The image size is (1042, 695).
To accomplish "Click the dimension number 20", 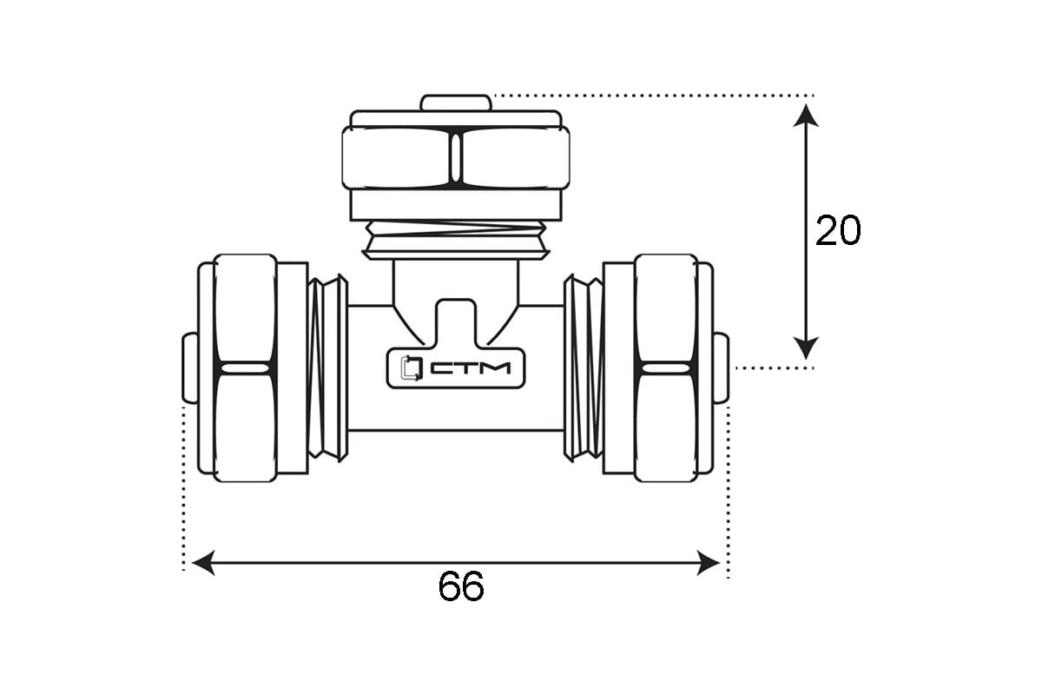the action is [838, 230].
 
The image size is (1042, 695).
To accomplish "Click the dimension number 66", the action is [461, 586].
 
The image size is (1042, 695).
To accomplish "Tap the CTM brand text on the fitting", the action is [471, 368].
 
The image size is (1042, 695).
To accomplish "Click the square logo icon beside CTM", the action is [412, 368].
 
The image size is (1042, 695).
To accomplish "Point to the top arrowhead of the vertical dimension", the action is [806, 116].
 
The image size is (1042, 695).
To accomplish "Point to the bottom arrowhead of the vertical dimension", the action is [806, 348].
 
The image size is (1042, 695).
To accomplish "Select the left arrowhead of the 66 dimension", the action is [203, 563].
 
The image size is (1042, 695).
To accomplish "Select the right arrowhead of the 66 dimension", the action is [708, 563].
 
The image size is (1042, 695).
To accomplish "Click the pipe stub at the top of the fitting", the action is [456, 103].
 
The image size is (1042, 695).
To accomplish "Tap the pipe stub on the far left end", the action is [190, 367].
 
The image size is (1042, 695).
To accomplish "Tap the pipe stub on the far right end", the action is [721, 367].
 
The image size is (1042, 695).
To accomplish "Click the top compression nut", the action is [456, 158].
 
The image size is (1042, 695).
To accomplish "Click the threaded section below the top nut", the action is [456, 240].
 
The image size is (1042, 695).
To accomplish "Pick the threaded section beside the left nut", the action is [327, 367].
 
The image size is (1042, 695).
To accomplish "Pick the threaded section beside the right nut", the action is [584, 367].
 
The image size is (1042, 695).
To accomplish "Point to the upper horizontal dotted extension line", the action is [654, 96].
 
